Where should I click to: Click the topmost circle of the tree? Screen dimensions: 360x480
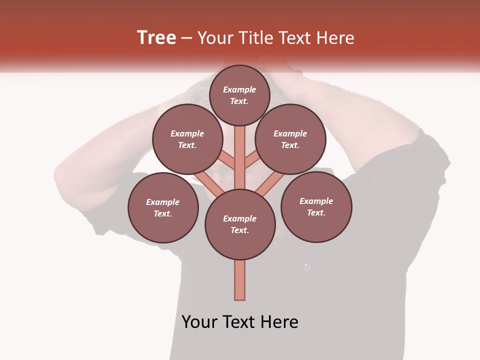[239, 95]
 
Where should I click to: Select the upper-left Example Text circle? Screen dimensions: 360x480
[187, 139]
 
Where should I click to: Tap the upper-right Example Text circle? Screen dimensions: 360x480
[290, 139]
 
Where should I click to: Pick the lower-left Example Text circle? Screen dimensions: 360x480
[163, 207]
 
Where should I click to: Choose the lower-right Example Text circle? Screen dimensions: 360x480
[316, 206]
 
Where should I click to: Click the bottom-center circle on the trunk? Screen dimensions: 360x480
[240, 224]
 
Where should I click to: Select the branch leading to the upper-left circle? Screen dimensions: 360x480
[226, 160]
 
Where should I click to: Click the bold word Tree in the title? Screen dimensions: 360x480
[156, 37]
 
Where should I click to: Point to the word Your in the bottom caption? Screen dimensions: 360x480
[199, 322]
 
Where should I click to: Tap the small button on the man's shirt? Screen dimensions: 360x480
[307, 267]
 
